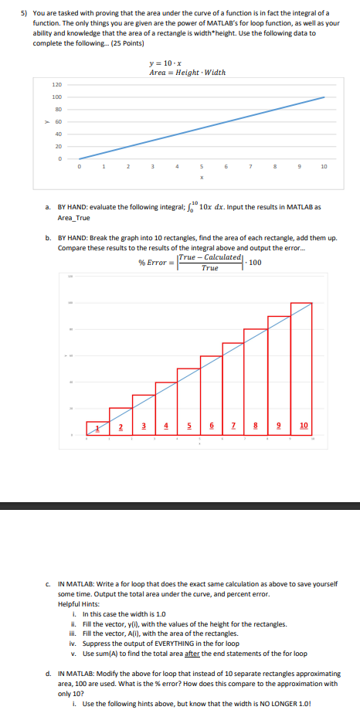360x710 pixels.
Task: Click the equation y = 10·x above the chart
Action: [171, 63]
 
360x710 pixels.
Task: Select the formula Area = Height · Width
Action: [188, 72]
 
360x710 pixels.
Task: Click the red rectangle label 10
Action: [303, 426]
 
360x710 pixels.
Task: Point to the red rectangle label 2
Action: [121, 426]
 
